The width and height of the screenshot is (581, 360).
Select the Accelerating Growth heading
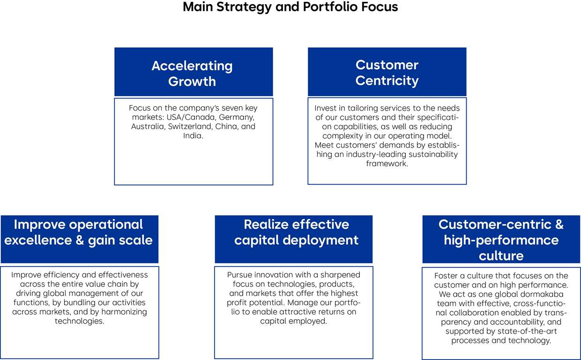192,74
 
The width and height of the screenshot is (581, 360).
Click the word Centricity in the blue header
387,81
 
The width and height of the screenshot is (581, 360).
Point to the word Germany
237,117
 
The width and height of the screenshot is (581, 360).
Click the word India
193,136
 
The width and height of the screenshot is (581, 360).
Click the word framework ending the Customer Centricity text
387,164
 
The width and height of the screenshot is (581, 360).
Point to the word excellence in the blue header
38,240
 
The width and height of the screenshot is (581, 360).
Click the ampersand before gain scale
80,240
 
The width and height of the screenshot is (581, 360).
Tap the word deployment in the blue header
320,240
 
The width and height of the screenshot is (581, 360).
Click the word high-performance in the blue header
501,240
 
